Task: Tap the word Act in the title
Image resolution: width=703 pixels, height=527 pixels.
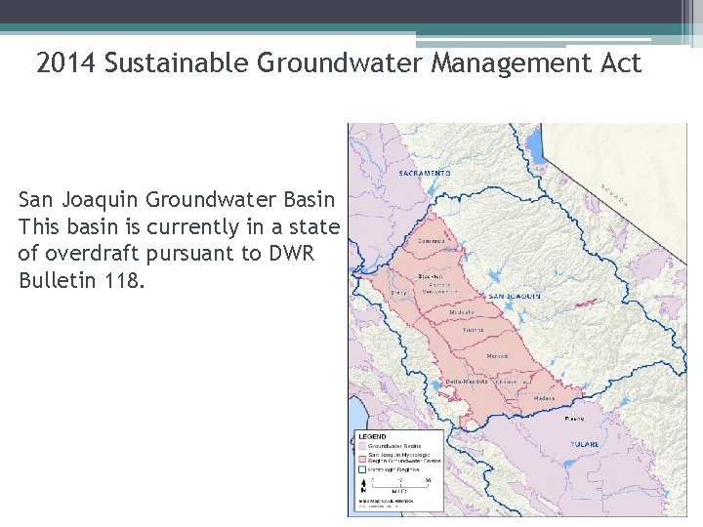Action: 620,64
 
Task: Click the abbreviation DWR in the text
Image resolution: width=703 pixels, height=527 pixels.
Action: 315,254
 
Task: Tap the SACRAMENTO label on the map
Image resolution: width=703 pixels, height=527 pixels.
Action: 425,174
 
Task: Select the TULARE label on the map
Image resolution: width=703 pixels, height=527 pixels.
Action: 585,444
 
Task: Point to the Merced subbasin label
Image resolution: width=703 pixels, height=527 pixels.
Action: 497,356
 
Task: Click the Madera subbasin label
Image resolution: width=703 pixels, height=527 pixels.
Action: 545,398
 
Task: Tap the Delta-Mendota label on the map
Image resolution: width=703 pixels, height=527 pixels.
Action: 467,381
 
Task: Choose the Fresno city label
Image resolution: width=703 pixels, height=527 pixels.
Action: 575,418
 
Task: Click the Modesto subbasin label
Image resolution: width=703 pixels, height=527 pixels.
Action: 462,312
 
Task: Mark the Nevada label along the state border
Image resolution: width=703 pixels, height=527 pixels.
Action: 613,196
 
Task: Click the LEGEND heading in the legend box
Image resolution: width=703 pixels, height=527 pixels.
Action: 374,436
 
